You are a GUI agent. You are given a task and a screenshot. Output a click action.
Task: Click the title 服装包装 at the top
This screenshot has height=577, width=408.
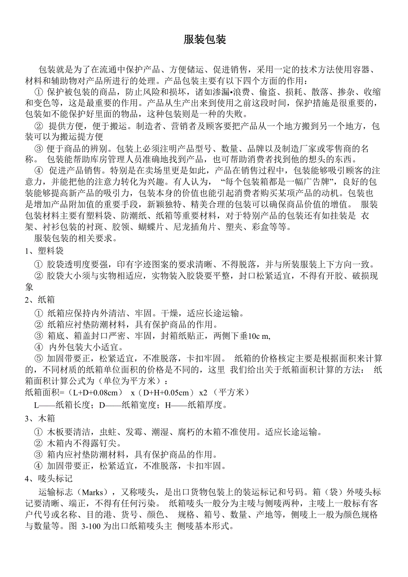pyautogui.click(x=205, y=40)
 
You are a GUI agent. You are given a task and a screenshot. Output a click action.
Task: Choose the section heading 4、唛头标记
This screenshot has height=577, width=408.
pyautogui.click(x=48, y=479)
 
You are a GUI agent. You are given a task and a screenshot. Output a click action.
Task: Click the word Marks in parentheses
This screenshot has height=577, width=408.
pyautogui.click(x=92, y=492)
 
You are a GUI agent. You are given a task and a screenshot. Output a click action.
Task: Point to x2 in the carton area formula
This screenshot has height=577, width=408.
pyautogui.click(x=203, y=393)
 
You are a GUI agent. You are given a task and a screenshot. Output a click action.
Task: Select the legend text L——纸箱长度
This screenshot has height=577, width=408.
pyautogui.click(x=63, y=405)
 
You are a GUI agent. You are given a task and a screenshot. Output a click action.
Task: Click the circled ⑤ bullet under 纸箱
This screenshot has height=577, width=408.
pyautogui.click(x=38, y=358)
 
